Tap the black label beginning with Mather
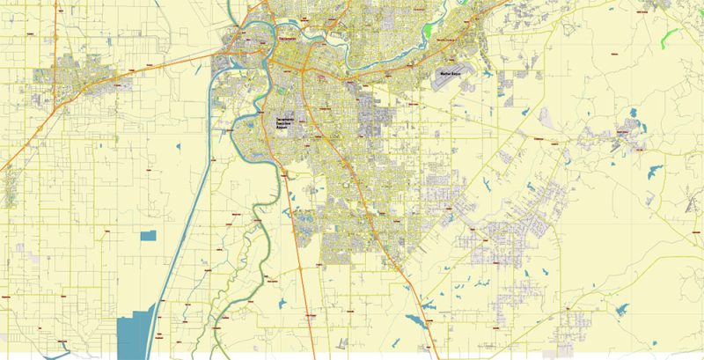[x=451, y=75]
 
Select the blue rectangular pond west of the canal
[x=147, y=235]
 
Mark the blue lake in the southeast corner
[x=622, y=309]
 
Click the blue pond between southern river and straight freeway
[x=282, y=304]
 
